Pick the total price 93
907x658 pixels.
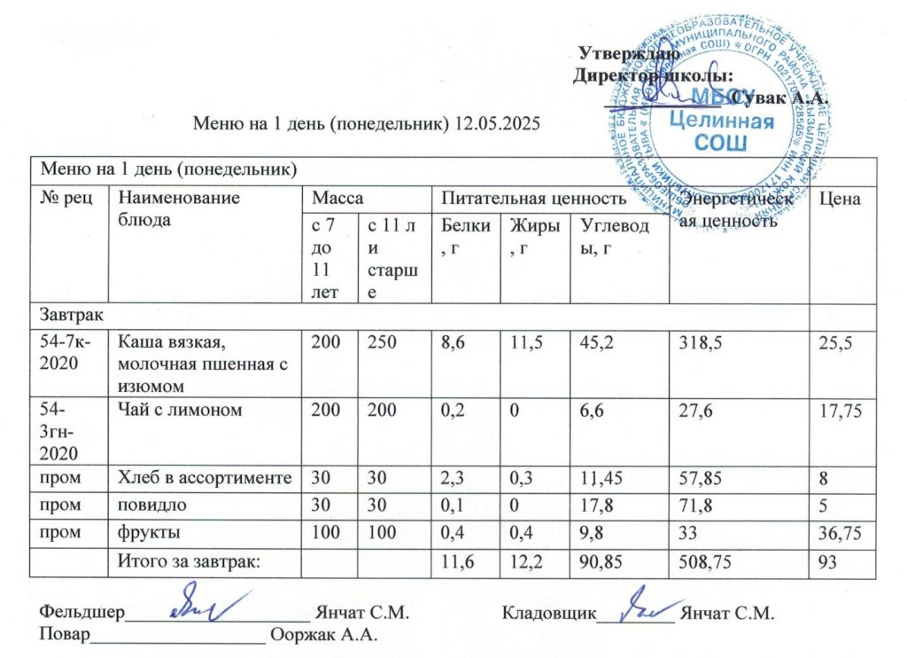tap(827, 560)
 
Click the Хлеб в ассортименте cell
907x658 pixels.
tap(205, 478)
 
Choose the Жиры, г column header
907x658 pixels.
tap(529, 234)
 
